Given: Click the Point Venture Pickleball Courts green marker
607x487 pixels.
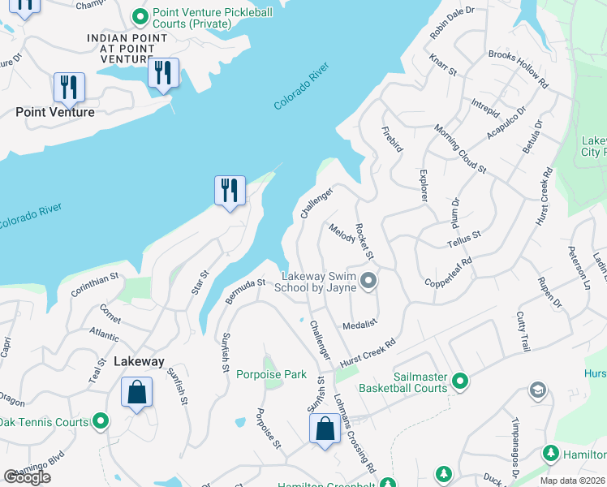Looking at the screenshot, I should tap(141, 15).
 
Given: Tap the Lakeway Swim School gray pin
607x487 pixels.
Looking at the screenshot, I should tap(369, 282).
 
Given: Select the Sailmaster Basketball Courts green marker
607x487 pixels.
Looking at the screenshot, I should tap(460, 380).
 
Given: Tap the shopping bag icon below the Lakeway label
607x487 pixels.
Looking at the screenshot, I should tap(137, 393).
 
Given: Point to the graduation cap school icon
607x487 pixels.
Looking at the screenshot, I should tap(536, 391).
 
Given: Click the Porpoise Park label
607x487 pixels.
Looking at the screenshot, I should tap(271, 374).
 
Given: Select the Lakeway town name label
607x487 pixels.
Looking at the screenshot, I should tap(139, 361).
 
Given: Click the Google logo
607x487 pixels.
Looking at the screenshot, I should tap(27, 477).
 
